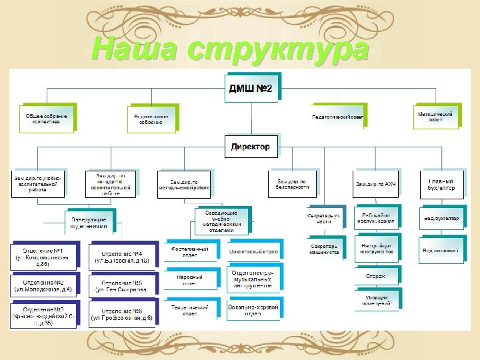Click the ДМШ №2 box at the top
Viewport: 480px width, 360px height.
250,88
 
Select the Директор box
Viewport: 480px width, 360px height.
250,146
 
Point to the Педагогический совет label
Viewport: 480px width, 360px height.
337,117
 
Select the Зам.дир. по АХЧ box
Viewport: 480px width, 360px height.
375,183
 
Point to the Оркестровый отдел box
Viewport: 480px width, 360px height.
253,251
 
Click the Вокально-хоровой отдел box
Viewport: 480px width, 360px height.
253,310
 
